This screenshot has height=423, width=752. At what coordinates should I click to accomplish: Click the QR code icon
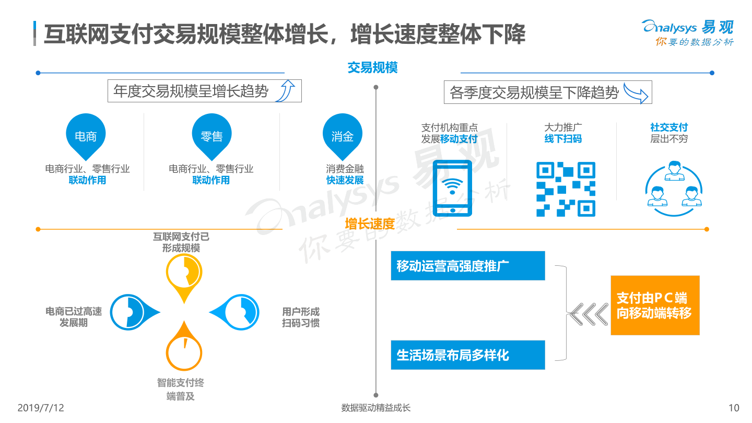pyautogui.click(x=566, y=189)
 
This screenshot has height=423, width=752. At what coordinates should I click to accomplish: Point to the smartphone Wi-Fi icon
pyautogui.click(x=452, y=188)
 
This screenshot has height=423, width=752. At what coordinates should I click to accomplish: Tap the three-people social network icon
pyautogui.click(x=674, y=189)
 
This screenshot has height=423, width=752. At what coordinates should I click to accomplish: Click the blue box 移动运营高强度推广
pyautogui.click(x=468, y=265)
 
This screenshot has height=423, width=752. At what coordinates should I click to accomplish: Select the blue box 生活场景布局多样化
pyautogui.click(x=468, y=355)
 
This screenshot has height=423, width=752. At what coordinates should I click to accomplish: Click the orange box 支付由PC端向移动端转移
pyautogui.click(x=655, y=305)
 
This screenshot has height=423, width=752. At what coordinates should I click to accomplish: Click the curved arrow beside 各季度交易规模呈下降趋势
pyautogui.click(x=636, y=92)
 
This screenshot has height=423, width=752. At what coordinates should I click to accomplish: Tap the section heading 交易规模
pyautogui.click(x=372, y=67)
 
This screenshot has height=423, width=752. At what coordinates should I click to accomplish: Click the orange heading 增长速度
pyautogui.click(x=370, y=224)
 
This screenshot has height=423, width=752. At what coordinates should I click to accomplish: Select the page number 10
pyautogui.click(x=734, y=407)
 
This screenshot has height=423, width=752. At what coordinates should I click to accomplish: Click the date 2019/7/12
pyautogui.click(x=41, y=407)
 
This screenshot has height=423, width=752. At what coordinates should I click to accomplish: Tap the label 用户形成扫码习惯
pyautogui.click(x=300, y=318)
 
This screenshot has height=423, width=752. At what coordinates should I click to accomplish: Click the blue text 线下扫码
pyautogui.click(x=563, y=139)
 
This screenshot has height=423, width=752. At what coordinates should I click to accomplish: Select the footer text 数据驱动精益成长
pyautogui.click(x=375, y=407)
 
